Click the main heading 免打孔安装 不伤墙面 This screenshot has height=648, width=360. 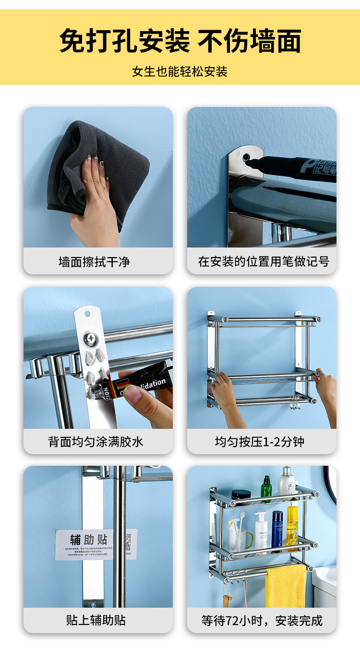(180, 40)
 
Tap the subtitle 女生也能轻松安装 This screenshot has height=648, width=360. (180, 72)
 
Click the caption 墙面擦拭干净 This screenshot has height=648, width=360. (94, 262)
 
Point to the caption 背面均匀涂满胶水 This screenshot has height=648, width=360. (96, 441)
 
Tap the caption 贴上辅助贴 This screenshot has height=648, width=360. (96, 620)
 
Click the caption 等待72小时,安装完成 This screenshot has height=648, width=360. (262, 620)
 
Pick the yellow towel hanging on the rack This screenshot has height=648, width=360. (286, 586)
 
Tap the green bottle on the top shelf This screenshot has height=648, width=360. (266, 489)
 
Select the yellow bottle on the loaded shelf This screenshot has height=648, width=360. (292, 525)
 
